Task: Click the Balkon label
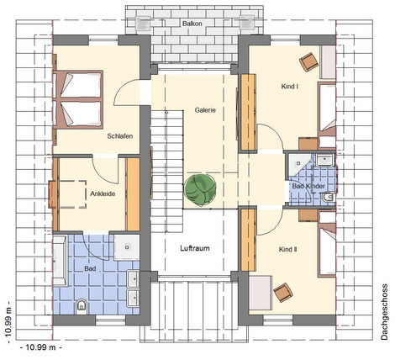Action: [x=192, y=24]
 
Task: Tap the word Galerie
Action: [x=205, y=110]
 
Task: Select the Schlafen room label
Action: [x=120, y=136]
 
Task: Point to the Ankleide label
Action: [x=103, y=193]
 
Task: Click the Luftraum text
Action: [x=195, y=248]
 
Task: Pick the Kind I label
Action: [x=290, y=87]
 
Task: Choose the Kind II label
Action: [x=288, y=249]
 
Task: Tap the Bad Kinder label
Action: [x=308, y=186]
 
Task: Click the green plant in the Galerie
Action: [x=200, y=191]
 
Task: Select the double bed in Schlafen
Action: [x=78, y=98]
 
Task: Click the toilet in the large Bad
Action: [x=82, y=307]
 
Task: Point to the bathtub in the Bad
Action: [x=60, y=261]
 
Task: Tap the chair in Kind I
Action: [x=309, y=62]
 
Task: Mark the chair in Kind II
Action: [x=283, y=293]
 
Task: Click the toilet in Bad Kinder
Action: [x=329, y=198]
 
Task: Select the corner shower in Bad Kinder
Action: [x=299, y=165]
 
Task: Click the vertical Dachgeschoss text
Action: [x=384, y=312]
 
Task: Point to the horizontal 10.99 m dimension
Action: [x=41, y=347]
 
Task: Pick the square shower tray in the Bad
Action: [x=127, y=247]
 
